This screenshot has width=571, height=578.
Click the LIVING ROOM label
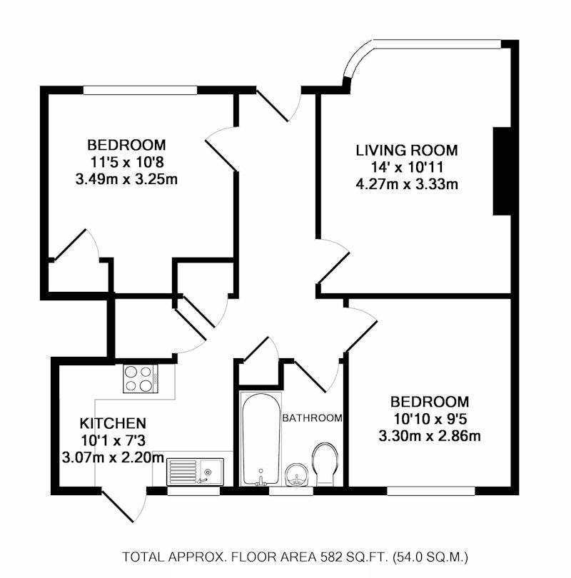[407, 151]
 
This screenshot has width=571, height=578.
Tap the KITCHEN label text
[113, 423]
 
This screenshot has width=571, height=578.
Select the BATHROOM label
[312, 418]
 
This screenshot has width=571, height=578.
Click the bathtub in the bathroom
[261, 438]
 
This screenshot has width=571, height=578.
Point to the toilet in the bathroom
[325, 464]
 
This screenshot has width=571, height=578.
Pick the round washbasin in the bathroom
[297, 475]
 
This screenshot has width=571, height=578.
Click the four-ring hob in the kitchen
[141, 379]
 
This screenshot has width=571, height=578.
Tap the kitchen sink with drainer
[196, 472]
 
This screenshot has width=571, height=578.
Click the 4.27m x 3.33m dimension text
[407, 183]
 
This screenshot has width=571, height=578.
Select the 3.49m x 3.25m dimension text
[126, 180]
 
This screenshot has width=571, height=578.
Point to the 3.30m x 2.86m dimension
[430, 436]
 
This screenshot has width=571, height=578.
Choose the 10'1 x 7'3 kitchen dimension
[113, 440]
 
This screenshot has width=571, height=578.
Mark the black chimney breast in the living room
[502, 171]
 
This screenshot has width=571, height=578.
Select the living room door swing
[333, 261]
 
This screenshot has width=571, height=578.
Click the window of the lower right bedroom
[431, 491]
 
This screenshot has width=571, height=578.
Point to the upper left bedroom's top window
[141, 90]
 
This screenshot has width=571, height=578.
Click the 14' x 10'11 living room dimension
[407, 167]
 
